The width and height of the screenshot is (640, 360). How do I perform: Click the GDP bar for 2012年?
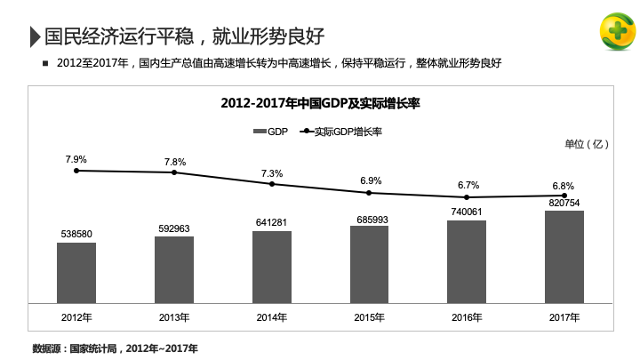(x=76, y=272)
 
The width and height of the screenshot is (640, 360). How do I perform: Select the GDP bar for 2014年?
(x=271, y=267)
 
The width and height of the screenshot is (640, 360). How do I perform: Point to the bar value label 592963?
(x=174, y=228)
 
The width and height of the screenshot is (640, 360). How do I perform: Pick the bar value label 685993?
(x=369, y=219)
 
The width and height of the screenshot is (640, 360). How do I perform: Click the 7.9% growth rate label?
(x=76, y=159)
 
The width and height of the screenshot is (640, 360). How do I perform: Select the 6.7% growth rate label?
(x=468, y=185)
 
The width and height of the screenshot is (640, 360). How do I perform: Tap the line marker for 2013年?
(x=175, y=172)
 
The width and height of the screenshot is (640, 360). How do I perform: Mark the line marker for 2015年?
(x=370, y=193)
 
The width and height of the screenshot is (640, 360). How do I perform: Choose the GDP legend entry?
(x=270, y=132)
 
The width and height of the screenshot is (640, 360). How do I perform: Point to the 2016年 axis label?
(x=466, y=317)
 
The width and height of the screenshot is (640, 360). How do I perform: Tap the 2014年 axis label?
(x=271, y=317)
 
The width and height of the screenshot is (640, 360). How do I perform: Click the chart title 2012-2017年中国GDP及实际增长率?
(x=319, y=104)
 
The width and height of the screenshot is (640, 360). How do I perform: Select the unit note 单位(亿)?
(x=586, y=143)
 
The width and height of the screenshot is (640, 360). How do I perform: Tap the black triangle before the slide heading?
(x=35, y=36)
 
